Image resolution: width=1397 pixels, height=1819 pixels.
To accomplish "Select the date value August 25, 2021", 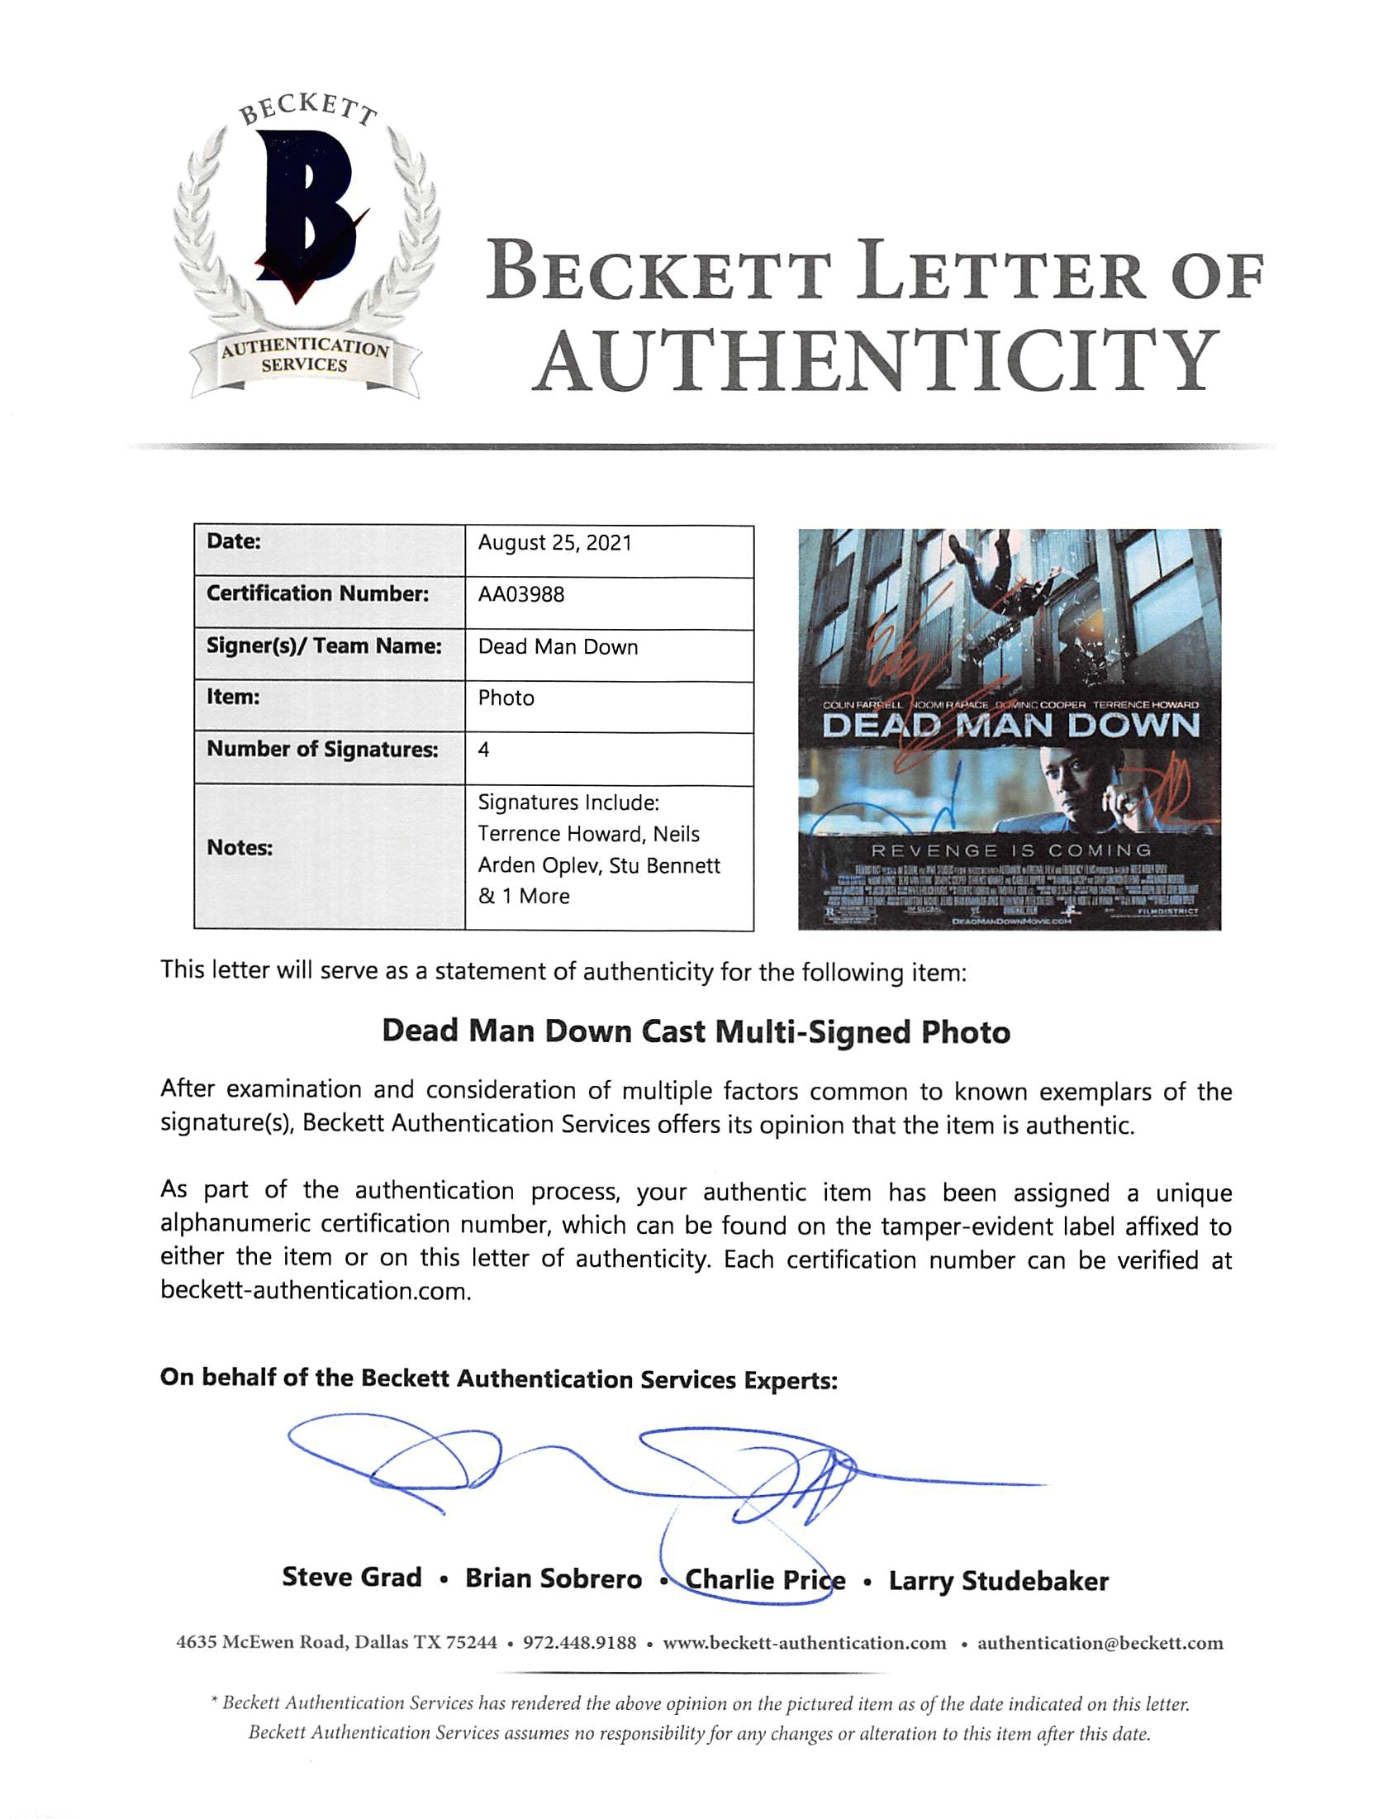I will (x=554, y=543).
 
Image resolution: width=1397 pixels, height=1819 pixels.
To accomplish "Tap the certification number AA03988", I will (x=520, y=595).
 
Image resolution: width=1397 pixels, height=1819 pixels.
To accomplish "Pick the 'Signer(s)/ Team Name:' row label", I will (x=324, y=646).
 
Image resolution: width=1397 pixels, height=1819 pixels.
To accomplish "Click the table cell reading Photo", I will (x=506, y=698).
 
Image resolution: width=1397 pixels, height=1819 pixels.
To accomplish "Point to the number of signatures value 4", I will (x=484, y=750).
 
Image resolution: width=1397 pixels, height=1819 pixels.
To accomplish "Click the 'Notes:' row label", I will (x=240, y=848).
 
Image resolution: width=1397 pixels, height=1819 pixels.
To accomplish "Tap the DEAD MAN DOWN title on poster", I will (x=1010, y=726).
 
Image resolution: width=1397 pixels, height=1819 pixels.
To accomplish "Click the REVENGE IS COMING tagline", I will (x=1010, y=850).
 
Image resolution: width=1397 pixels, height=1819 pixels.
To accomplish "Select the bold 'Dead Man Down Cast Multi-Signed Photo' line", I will (x=696, y=1031).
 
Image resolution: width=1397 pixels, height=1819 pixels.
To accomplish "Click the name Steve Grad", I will (x=352, y=1577).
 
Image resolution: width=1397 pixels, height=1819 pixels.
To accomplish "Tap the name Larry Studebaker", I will (x=998, y=1580).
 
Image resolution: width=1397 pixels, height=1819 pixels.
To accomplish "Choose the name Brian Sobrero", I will (x=553, y=1579).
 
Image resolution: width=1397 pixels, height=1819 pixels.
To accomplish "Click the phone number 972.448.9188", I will (x=580, y=1643).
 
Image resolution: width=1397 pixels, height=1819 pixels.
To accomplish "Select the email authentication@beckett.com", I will (x=1100, y=1643).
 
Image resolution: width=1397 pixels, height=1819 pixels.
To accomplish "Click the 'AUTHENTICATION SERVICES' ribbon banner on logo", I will (x=304, y=357).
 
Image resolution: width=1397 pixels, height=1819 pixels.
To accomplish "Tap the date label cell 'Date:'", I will (x=234, y=541).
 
